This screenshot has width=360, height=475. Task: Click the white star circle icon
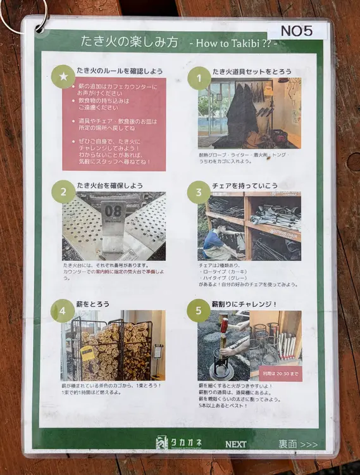tap(63, 77)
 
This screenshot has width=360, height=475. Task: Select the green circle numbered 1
tap(199, 78)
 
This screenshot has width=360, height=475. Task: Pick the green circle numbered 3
tap(199, 192)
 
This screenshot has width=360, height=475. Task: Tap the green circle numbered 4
tap(63, 310)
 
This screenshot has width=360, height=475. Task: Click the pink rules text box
tap(115, 124)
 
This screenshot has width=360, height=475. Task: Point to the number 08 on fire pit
tap(113, 210)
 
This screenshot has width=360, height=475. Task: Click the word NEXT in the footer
tap(235, 444)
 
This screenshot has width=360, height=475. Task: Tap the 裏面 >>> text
tap(297, 444)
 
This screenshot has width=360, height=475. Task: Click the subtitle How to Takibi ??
tap(233, 43)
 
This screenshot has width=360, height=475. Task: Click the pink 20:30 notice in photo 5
tap(276, 373)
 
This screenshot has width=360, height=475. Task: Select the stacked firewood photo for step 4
tap(113, 345)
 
